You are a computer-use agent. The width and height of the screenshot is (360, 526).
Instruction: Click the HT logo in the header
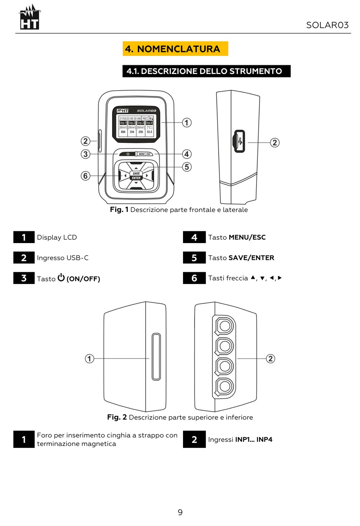point(30,18)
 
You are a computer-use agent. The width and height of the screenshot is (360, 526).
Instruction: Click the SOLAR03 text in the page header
point(327,25)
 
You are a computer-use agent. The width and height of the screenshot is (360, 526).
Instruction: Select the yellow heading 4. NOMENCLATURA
point(175,49)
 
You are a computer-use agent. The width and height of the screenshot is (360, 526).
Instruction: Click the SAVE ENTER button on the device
point(136,176)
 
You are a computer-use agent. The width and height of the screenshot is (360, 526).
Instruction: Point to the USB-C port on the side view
point(239,141)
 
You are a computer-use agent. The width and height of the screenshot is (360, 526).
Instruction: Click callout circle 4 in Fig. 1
point(186,154)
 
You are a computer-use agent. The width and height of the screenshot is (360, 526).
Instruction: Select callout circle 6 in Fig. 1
point(86,176)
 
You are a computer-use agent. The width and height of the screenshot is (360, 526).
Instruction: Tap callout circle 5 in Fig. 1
point(186,167)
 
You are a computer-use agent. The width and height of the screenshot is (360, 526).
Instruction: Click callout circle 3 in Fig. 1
point(86,154)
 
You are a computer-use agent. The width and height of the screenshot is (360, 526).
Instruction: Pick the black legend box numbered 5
point(194,258)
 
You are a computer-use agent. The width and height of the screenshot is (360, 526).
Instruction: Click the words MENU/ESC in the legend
point(247,237)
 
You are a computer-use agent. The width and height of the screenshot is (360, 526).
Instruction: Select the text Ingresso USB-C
point(63,258)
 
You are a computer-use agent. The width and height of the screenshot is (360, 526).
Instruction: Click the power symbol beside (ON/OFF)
point(61,278)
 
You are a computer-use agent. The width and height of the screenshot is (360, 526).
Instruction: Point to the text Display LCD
point(57,237)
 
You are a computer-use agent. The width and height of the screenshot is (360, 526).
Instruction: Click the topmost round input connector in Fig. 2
point(225,326)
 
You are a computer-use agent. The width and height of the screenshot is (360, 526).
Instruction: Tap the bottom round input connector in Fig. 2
point(225,386)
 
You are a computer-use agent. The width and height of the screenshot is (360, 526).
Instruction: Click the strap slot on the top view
point(156,356)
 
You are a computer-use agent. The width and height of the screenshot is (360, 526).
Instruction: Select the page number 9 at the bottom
point(180,512)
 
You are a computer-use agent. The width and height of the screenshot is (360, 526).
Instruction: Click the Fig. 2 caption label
point(117,417)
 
